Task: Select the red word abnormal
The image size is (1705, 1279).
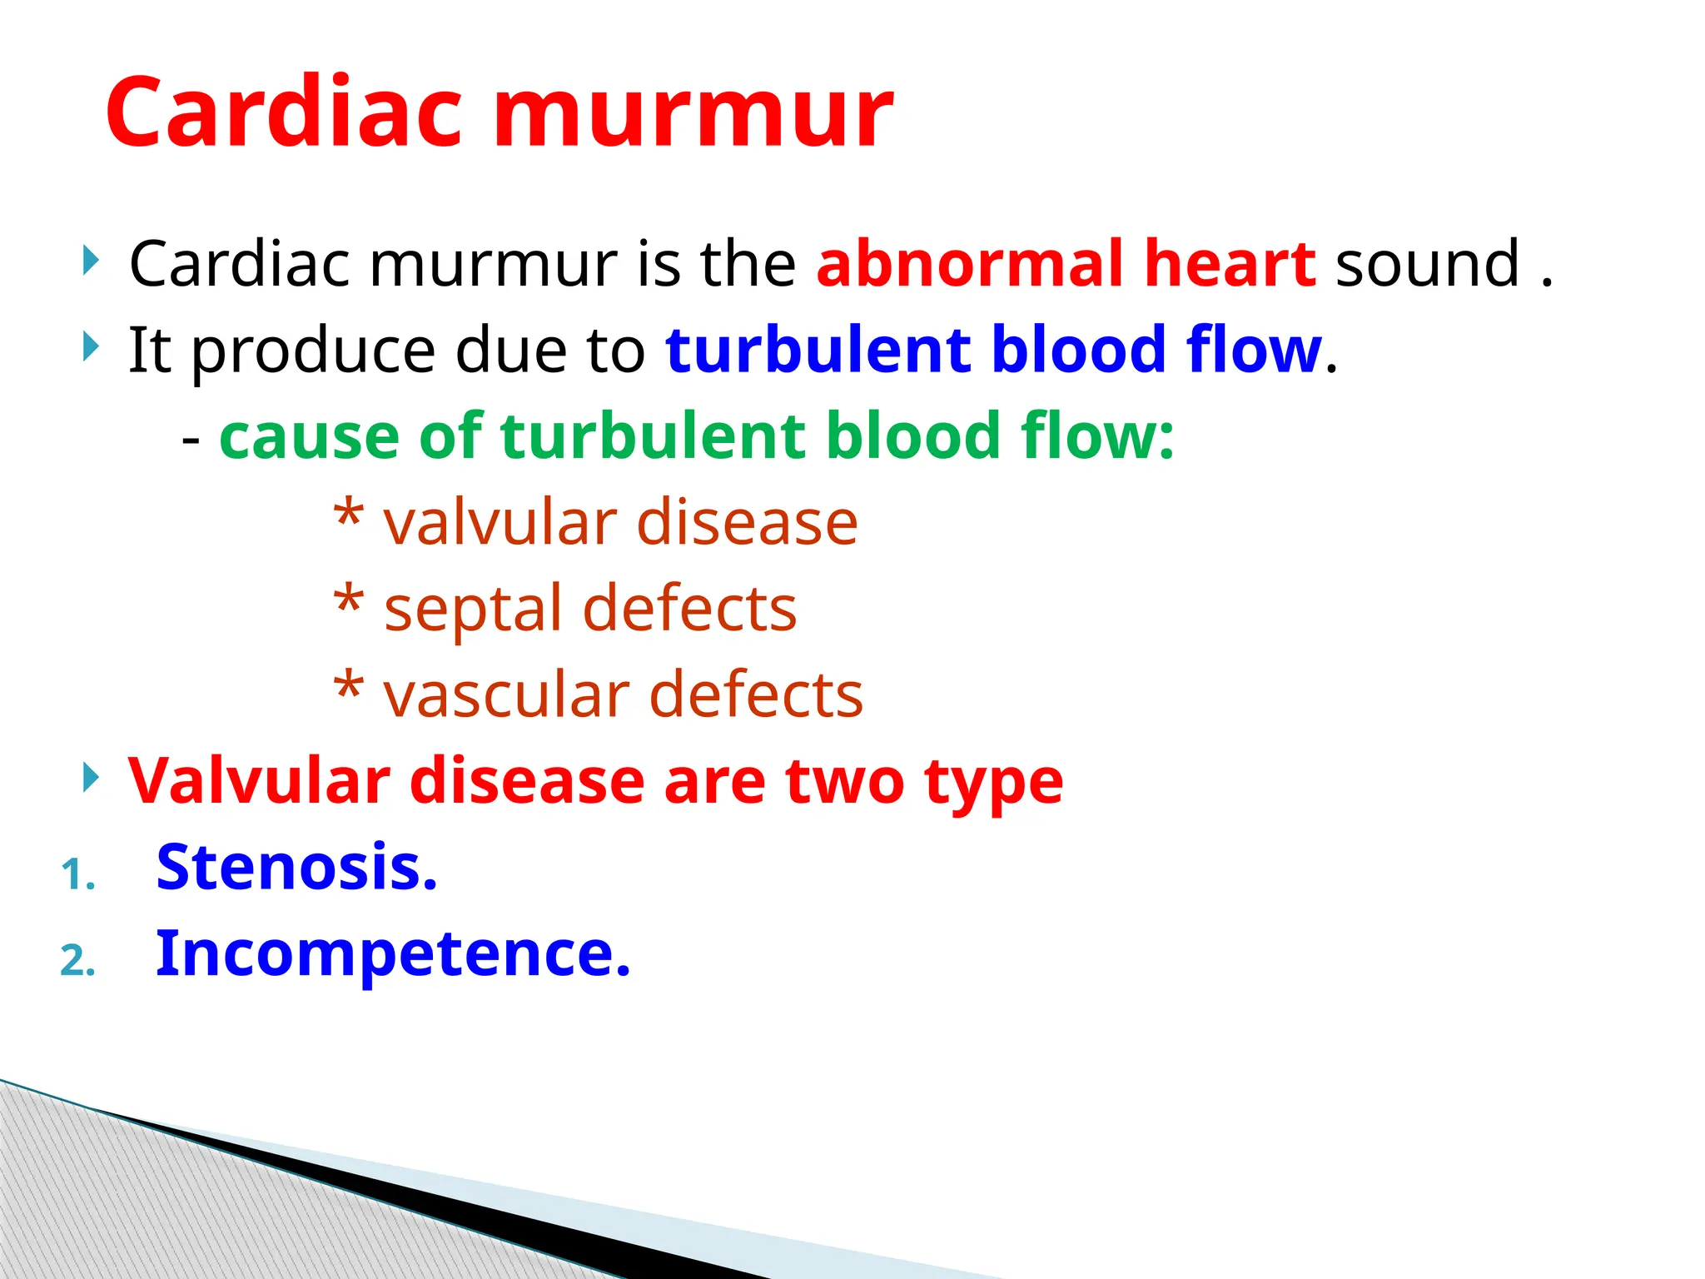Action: [x=969, y=264]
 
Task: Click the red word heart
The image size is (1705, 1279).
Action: [x=1230, y=264]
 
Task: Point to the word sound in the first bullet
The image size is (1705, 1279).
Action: [x=1428, y=264]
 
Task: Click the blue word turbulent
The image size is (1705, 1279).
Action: [x=818, y=350]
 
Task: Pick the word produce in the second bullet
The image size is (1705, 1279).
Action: [x=313, y=351]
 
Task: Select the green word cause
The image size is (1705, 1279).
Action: [x=309, y=436]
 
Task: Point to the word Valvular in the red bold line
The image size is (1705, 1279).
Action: [x=259, y=781]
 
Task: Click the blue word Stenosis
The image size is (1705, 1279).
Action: [x=296, y=868]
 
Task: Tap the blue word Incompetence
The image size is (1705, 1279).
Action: [x=393, y=954]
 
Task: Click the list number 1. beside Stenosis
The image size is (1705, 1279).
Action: [x=78, y=875]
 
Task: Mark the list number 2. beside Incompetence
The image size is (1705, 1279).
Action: [x=78, y=962]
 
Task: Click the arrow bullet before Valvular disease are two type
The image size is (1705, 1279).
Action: [x=91, y=778]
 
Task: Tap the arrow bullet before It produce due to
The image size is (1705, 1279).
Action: [x=91, y=346]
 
